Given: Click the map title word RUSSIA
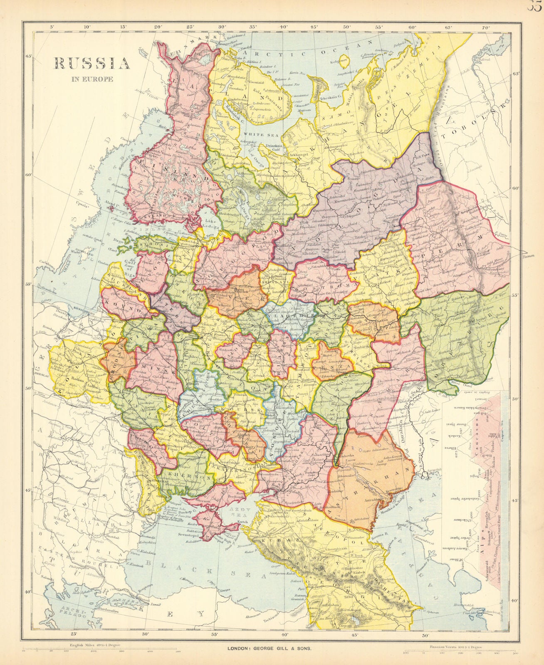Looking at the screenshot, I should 91,63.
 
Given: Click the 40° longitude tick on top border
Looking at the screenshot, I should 284,27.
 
